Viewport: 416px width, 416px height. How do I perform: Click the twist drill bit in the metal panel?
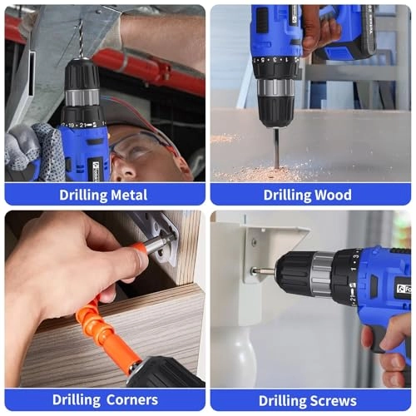81,38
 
